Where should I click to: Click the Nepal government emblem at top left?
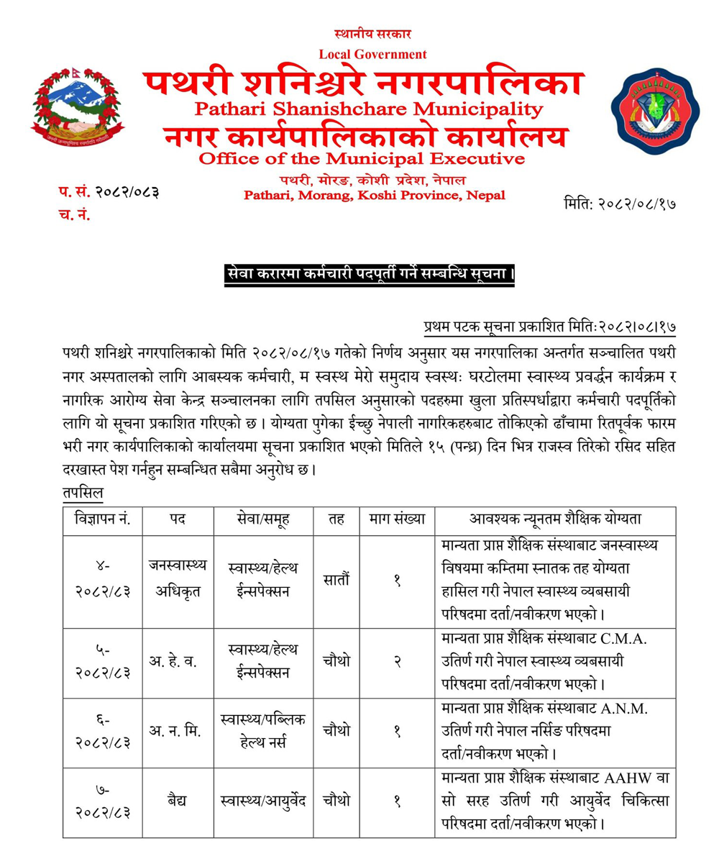click(x=78, y=109)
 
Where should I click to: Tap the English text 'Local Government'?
click(x=372, y=54)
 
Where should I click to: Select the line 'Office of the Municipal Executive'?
click(x=362, y=158)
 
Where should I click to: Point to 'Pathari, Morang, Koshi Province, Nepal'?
click(x=374, y=195)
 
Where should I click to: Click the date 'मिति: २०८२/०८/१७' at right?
click(x=620, y=204)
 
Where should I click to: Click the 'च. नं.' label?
click(x=74, y=214)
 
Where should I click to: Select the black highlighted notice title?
click(x=367, y=275)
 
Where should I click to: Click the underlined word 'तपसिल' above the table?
click(x=83, y=494)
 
